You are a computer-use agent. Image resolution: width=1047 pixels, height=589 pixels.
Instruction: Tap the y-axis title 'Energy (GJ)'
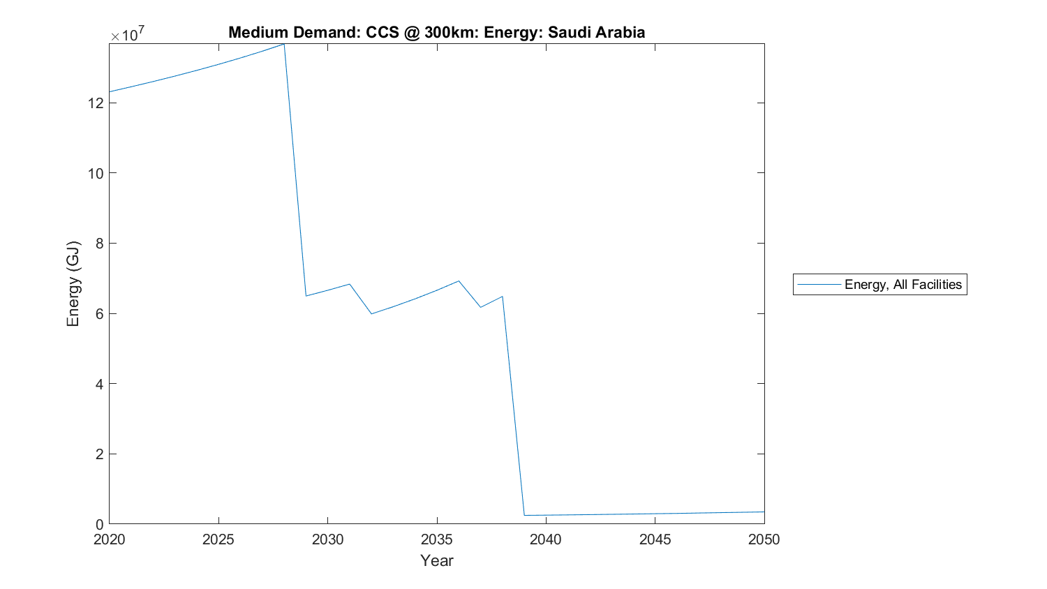[73, 283]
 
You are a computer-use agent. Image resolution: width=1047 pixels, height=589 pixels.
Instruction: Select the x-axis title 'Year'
[436, 560]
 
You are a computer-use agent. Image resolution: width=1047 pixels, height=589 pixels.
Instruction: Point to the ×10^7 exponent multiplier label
[128, 33]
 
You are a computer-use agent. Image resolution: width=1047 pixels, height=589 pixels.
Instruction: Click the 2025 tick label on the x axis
[218, 539]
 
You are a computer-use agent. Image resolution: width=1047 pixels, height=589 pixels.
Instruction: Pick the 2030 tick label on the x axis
[327, 539]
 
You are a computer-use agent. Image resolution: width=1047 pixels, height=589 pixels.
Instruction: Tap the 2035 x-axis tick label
[437, 539]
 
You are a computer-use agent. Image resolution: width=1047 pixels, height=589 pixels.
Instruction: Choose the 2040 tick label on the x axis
[546, 539]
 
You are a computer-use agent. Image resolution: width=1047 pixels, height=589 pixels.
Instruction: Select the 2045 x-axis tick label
[655, 539]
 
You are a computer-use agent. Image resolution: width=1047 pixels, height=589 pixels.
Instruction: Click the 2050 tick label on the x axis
[764, 539]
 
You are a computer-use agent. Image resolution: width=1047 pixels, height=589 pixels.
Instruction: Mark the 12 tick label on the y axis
[96, 103]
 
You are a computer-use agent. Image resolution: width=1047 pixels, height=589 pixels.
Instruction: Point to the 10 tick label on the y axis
[96, 173]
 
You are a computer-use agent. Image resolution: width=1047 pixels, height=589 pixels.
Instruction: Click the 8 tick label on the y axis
[99, 244]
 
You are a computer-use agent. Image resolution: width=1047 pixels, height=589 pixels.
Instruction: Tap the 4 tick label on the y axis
[99, 384]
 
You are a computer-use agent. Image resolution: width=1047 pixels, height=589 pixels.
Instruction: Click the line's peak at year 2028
[284, 44]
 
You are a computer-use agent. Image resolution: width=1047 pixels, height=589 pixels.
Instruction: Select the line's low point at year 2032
[371, 313]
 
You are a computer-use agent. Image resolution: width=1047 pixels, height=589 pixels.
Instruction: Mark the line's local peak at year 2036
[459, 281]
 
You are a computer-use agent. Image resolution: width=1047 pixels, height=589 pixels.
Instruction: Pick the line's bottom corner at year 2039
[524, 515]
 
